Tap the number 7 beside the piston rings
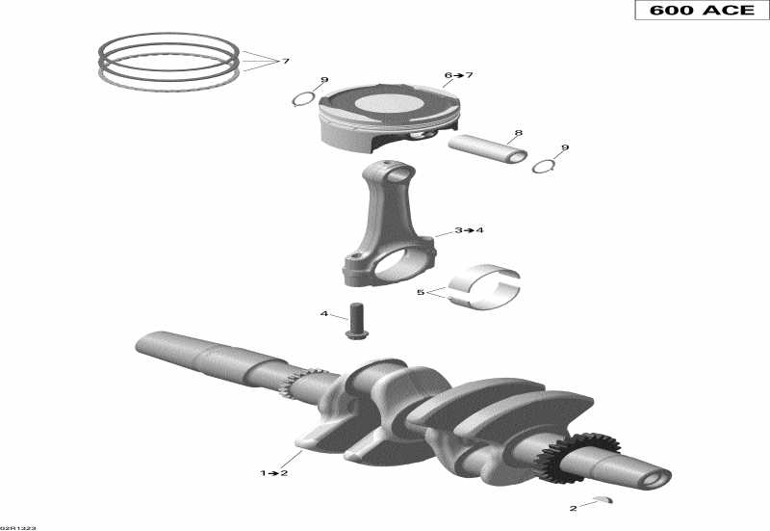[285, 62]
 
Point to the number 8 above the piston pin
[518, 133]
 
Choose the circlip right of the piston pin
[544, 166]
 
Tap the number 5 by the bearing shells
[420, 292]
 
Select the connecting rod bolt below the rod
[358, 320]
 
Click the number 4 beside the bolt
[324, 314]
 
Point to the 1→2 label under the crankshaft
[272, 473]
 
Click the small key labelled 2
[603, 498]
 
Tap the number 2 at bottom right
[573, 508]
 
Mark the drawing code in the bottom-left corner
[16, 526]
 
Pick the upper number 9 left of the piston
[324, 80]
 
